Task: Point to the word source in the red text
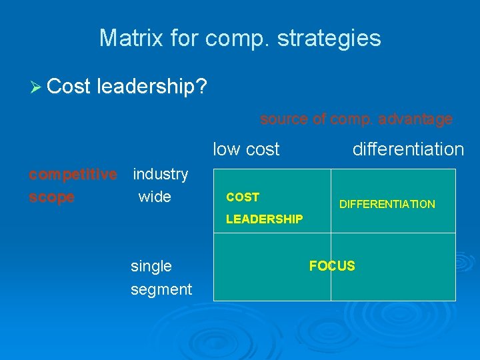coord(284,119)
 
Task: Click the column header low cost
coord(246,149)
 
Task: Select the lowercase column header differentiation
coord(408,149)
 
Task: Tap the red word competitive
coord(72,175)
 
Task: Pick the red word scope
coord(51,197)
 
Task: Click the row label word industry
coord(160,175)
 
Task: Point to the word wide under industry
coord(155,197)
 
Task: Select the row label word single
coord(151,267)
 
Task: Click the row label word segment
coord(161,289)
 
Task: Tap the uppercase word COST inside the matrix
coord(243,197)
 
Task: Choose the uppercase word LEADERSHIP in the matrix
coord(264,219)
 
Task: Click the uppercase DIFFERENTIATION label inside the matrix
coord(387,205)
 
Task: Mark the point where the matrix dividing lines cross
coord(331,233)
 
